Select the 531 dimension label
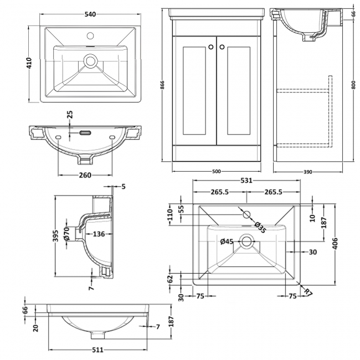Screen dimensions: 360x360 pos(246,181)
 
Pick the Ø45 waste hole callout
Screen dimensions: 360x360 pos(226,241)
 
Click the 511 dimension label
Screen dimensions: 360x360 pos(97,349)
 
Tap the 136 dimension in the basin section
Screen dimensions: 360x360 pos(98,234)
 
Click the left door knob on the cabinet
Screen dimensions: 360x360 pos(210,47)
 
